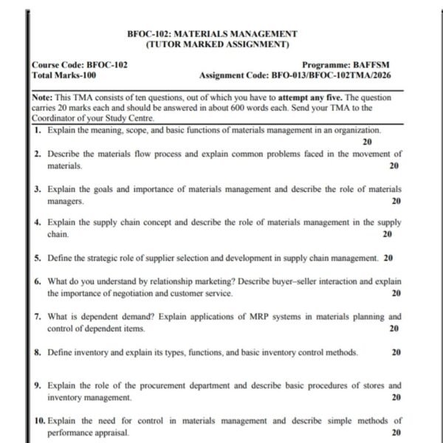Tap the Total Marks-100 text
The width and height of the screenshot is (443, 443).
(64, 75)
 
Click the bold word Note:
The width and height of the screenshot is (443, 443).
(43, 97)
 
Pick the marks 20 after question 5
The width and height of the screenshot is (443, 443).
(388, 258)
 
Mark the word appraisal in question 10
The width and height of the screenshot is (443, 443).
(111, 433)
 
